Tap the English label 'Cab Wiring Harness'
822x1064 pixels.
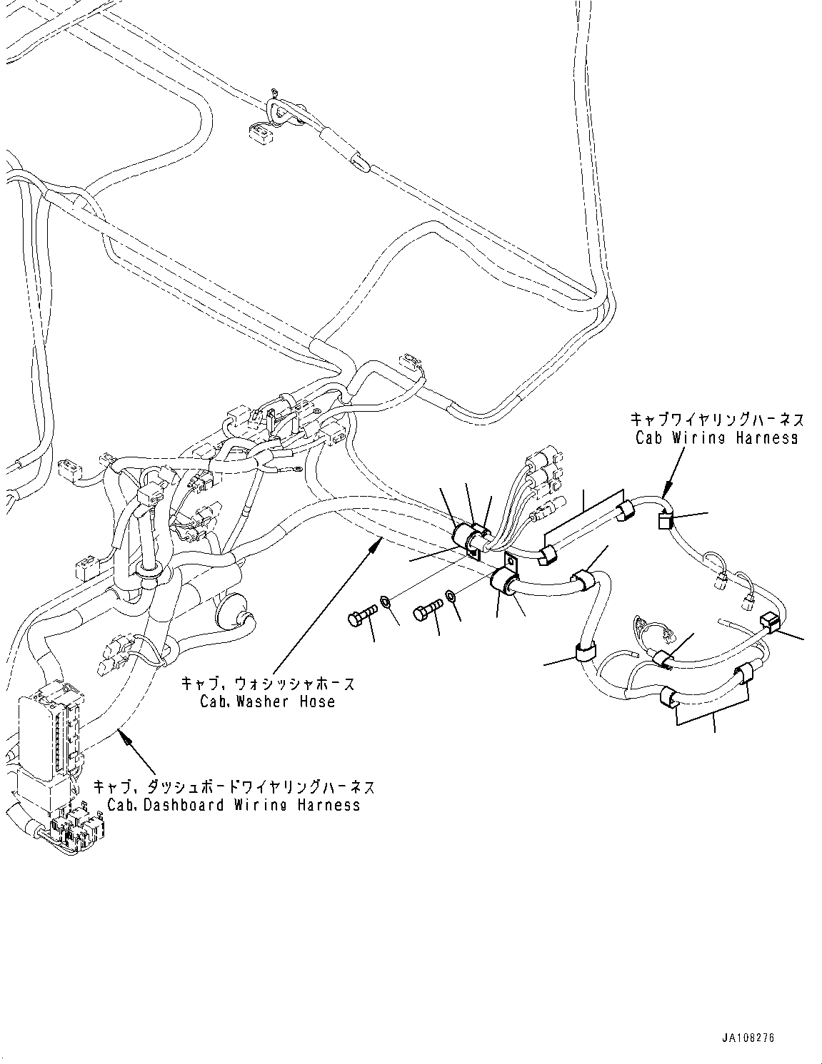716,437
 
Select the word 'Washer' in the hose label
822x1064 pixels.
258,701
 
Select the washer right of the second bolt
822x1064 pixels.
451,595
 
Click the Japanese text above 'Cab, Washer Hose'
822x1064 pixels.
268,684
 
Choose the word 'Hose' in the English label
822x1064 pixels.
317,701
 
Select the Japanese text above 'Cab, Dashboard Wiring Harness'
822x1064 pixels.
234,787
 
